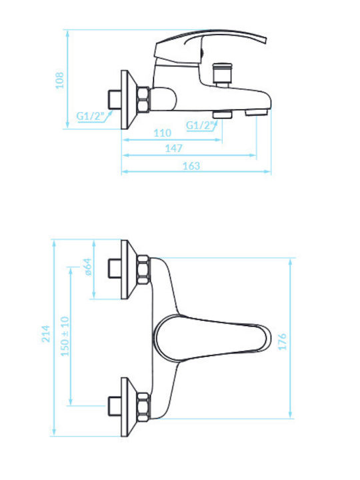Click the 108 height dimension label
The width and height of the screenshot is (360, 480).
59,80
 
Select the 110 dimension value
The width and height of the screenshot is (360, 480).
162,133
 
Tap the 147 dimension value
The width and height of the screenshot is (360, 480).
173,149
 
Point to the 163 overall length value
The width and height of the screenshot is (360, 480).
191,166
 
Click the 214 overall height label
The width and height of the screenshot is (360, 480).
46,334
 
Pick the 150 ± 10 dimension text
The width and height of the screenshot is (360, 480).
65,336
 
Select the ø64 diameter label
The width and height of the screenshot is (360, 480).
88,267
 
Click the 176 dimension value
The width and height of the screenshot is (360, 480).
282,341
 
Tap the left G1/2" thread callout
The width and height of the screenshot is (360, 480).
90,116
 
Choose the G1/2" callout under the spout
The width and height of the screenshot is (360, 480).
201,125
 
